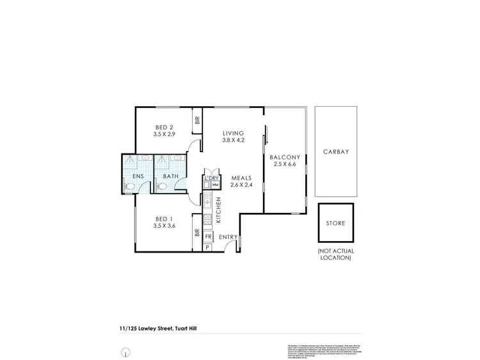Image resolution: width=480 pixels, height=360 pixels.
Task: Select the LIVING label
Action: (x=233, y=132)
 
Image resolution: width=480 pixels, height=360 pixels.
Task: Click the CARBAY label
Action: (x=336, y=152)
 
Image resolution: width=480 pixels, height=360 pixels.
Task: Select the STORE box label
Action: (x=336, y=224)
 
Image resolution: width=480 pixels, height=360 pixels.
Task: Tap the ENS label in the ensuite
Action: (x=138, y=176)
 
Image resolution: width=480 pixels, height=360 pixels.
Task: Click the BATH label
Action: (x=170, y=176)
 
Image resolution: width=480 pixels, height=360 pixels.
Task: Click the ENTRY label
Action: (x=227, y=237)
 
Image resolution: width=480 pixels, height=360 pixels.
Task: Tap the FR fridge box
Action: (x=208, y=237)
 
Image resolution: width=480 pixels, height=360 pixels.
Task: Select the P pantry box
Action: (x=207, y=247)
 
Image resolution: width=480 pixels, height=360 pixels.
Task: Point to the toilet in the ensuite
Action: (x=129, y=187)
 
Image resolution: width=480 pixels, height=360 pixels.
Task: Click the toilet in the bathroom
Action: (x=161, y=187)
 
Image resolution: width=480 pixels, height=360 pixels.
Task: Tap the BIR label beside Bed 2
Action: (x=197, y=120)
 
